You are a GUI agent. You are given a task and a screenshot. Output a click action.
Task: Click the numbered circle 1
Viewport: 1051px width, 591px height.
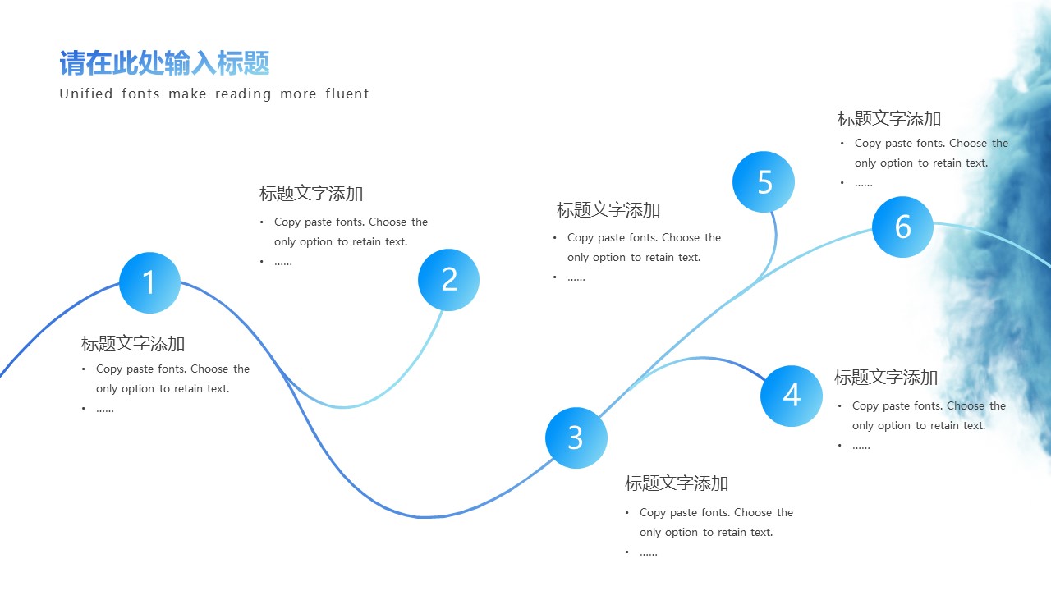pos(149,282)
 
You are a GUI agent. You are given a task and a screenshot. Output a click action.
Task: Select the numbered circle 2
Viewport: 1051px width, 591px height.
pos(448,280)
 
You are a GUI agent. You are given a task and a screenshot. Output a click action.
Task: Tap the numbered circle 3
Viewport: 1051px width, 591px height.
pos(576,438)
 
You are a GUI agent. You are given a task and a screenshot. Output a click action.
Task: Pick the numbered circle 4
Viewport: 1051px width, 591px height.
pos(791,396)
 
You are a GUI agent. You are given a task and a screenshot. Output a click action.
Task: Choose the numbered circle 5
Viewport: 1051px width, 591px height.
pos(764,181)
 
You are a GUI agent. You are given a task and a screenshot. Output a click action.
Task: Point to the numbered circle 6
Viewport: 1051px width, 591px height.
pos(902,227)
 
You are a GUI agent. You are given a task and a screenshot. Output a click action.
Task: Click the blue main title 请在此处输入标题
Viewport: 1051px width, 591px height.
pos(164,63)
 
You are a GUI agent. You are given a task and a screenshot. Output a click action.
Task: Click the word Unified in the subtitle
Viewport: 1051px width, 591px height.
pos(86,94)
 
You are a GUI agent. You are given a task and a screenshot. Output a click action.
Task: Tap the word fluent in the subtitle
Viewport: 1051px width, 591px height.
pos(347,94)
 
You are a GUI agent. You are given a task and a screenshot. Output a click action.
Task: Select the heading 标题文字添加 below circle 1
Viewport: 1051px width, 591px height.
pos(133,343)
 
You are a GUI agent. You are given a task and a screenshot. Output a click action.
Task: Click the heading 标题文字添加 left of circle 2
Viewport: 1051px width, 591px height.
pos(311,194)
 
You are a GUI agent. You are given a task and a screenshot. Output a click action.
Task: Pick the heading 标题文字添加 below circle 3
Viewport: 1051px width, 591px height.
pos(677,483)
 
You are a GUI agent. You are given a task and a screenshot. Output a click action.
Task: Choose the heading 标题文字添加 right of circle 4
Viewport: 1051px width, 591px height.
pos(886,378)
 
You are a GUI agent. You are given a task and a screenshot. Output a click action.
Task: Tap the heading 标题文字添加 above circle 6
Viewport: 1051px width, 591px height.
pos(889,119)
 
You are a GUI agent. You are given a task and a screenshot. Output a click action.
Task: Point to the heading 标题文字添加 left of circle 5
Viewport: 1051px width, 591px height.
pos(608,210)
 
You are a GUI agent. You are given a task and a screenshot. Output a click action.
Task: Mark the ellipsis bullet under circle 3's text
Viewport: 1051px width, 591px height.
pos(649,552)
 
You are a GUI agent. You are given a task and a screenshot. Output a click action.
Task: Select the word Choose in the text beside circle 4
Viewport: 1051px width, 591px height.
pos(965,406)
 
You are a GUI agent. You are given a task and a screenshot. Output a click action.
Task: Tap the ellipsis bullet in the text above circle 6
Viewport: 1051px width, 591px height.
pos(864,183)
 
